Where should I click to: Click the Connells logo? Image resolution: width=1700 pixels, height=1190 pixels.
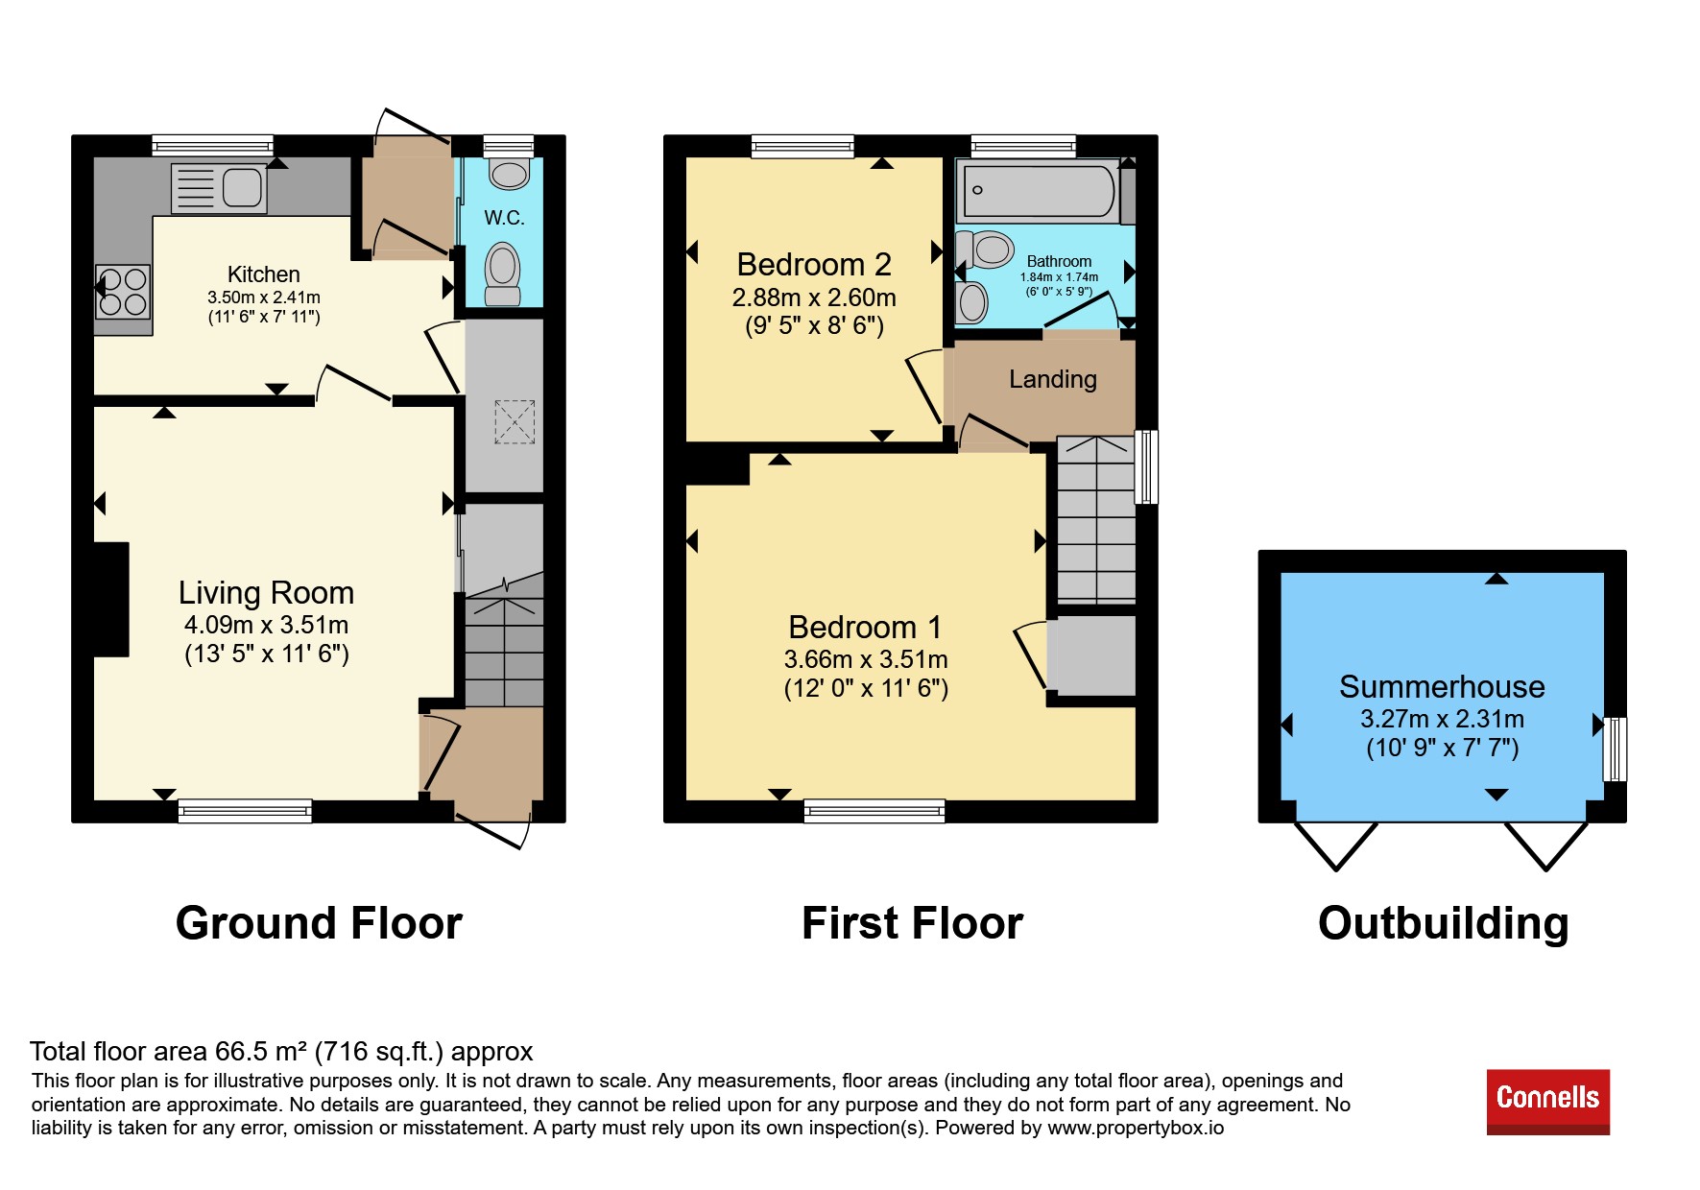(1547, 1102)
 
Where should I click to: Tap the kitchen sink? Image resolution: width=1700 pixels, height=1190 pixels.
(219, 187)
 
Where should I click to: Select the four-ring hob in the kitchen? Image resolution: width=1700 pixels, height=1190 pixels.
(123, 292)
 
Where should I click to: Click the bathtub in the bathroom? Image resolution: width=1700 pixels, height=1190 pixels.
(1040, 190)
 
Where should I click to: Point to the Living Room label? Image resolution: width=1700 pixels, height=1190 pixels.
(267, 593)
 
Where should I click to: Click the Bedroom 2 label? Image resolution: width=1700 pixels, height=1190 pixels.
(814, 264)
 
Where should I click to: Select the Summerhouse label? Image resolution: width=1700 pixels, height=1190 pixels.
(1442, 687)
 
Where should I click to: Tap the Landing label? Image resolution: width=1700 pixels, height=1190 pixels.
(1053, 379)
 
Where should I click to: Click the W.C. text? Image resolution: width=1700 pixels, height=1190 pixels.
(504, 218)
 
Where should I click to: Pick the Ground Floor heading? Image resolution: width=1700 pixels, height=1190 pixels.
(319, 923)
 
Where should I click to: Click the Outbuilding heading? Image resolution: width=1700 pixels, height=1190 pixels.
(1444, 923)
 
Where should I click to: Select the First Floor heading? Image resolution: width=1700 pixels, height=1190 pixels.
(912, 923)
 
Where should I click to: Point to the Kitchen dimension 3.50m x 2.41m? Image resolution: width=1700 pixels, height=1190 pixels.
(264, 297)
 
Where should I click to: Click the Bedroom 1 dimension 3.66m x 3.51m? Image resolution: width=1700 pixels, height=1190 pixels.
(866, 659)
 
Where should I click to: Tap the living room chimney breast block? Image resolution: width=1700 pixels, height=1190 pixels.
(111, 600)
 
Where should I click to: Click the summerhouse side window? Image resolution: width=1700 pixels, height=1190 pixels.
(1616, 750)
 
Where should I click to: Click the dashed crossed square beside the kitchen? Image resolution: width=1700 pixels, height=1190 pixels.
(515, 422)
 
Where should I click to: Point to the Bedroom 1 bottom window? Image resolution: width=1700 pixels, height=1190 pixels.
(874, 812)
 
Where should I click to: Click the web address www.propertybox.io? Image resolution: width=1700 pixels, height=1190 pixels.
(1136, 1128)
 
